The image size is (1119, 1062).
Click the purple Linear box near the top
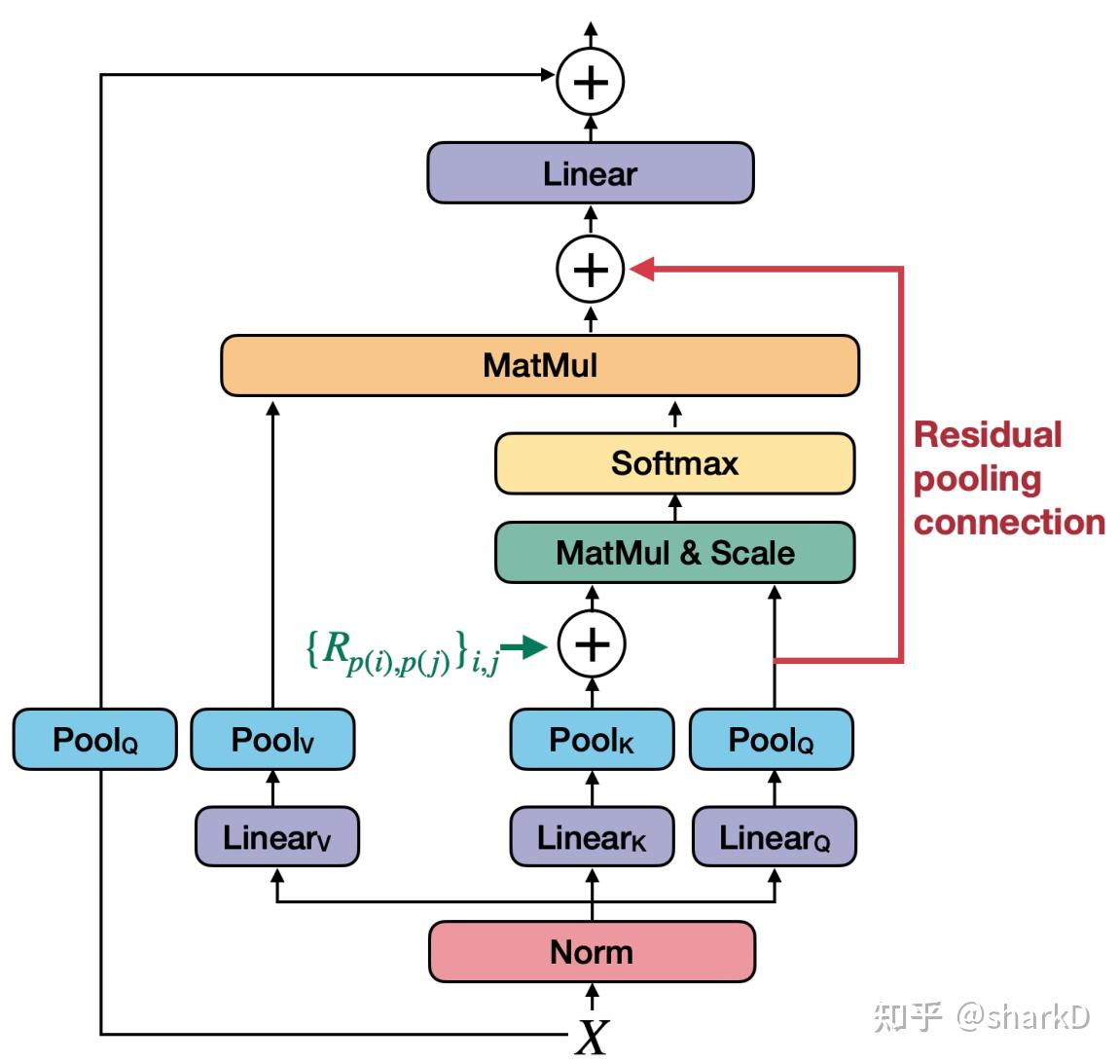(590, 173)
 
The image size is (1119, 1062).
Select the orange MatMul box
(540, 365)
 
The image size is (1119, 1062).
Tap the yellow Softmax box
(674, 463)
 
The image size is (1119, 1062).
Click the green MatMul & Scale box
(674, 553)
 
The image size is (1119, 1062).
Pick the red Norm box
(592, 951)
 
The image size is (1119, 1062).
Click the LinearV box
(276, 837)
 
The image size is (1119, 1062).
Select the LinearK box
(592, 837)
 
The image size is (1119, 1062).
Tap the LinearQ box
(774, 837)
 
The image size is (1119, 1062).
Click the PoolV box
(272, 740)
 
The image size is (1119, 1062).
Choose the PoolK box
(592, 740)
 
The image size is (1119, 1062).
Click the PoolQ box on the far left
(95, 740)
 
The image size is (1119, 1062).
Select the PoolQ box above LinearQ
(772, 740)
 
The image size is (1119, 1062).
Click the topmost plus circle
(590, 82)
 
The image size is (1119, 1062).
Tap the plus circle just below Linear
(590, 269)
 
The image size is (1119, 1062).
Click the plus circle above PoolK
(592, 644)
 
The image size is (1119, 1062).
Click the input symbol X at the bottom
(591, 1037)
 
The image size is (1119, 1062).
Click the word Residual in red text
(987, 434)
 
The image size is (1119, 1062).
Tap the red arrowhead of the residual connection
(642, 269)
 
